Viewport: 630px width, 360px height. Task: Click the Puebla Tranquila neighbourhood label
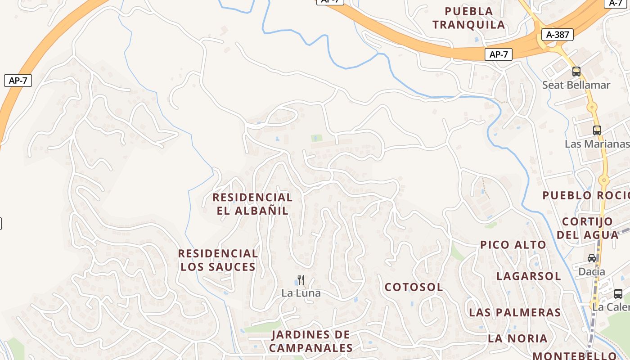tap(469, 18)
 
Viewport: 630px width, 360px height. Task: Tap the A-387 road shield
tap(558, 35)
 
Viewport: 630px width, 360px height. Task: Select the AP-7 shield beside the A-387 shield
tap(499, 54)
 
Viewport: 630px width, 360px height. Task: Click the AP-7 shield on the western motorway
tap(18, 81)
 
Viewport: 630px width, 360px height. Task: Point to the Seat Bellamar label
tap(576, 85)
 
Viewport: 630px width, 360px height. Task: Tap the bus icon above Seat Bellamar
tap(576, 71)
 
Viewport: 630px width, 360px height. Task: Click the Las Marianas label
tap(597, 144)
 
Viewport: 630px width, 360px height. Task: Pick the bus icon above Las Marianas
tap(597, 130)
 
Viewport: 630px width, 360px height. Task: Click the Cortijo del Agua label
tap(588, 228)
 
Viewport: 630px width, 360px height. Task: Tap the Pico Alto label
tap(513, 245)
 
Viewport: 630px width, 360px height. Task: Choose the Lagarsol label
tap(529, 276)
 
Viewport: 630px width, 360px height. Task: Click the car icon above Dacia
tap(592, 258)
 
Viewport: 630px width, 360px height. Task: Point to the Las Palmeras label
tap(515, 312)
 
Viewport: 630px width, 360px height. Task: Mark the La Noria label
tap(517, 338)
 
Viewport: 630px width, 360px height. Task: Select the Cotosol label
tap(414, 287)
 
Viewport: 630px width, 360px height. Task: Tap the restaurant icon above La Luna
tap(301, 280)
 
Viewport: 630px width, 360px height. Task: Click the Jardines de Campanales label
tap(311, 341)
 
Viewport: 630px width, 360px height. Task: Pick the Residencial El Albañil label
tap(252, 204)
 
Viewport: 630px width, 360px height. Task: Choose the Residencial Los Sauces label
tap(218, 260)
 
